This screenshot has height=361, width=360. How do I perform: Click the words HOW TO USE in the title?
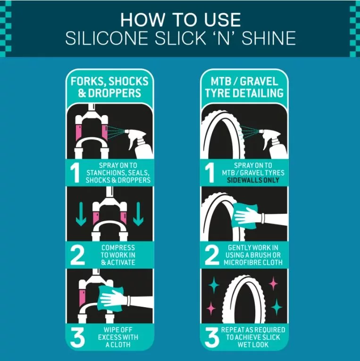tap(181, 19)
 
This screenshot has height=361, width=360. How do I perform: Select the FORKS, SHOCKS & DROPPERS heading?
tap(109, 87)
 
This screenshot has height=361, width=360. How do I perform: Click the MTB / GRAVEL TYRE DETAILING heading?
tap(244, 87)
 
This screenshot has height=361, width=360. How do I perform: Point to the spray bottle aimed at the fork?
tap(139, 143)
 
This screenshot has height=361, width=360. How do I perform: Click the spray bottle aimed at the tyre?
tap(274, 143)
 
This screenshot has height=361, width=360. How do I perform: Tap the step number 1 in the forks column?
tap(75, 173)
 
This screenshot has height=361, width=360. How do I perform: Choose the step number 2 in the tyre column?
tap(212, 255)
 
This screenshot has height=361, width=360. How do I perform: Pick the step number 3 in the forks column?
tap(77, 337)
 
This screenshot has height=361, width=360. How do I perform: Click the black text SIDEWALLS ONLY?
tap(253, 180)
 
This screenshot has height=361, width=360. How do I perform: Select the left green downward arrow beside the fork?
tap(81, 214)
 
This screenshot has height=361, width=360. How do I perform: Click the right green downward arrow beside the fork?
tap(138, 214)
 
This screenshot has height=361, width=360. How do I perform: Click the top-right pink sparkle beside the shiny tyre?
tap(273, 283)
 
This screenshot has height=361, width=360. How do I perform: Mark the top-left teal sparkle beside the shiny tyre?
tap(214, 285)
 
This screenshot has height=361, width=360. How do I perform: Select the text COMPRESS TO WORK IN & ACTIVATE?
tap(118, 255)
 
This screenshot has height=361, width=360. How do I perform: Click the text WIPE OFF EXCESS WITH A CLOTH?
tap(118, 337)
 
